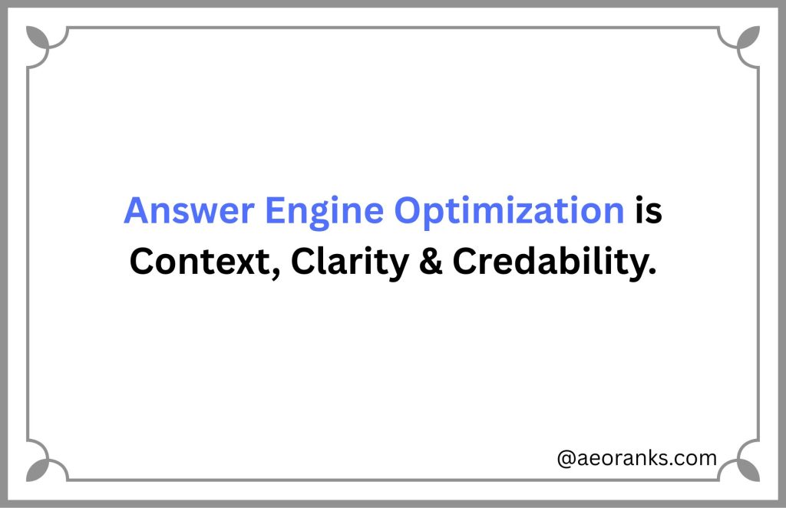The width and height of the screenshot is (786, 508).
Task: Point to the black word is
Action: [649, 211]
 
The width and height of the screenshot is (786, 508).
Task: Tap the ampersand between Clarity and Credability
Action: [426, 262]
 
